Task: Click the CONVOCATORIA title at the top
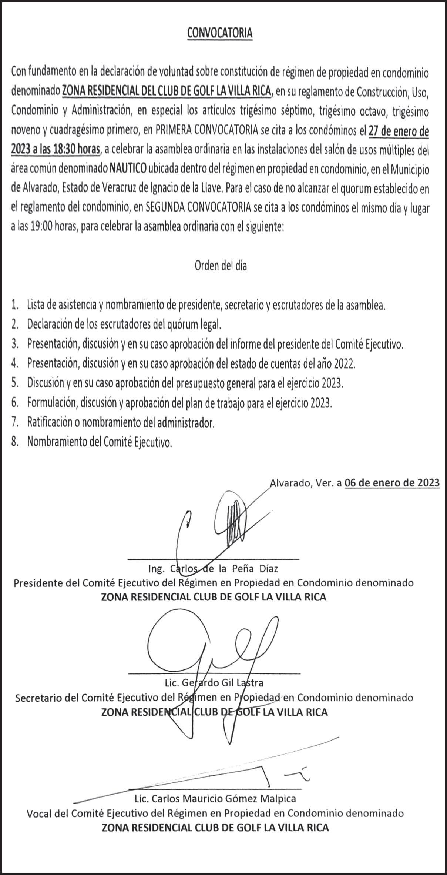click(220, 33)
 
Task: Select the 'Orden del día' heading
click(221, 266)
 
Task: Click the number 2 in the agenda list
click(14, 325)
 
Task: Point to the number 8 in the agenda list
click(14, 442)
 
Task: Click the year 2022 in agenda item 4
click(344, 364)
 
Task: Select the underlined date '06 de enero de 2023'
click(392, 483)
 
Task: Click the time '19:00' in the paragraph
click(41, 227)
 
